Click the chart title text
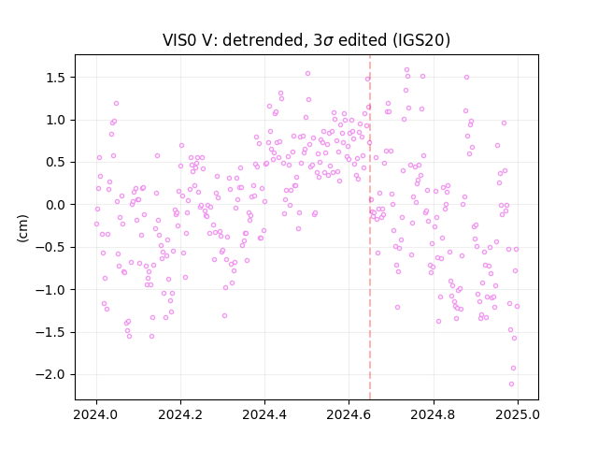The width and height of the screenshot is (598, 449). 306,40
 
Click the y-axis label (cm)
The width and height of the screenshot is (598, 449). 22,228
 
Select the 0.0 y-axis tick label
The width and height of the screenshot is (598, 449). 56,205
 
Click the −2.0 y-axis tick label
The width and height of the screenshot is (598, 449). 51,374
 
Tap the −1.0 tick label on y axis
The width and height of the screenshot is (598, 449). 51,290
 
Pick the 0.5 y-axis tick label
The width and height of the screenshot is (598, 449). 56,163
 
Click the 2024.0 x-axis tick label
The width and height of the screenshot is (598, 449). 95,414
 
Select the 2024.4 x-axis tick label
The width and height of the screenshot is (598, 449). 263,414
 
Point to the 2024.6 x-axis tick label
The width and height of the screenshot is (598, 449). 349,414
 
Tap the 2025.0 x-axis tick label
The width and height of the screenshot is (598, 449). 517,414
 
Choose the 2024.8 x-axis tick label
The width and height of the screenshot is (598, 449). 433,414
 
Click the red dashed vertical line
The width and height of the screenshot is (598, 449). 370,227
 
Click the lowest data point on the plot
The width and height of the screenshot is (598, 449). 511,384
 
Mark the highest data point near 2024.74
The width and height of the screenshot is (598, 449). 407,70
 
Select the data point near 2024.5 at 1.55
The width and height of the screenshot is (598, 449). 307,74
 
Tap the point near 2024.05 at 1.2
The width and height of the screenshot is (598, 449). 116,104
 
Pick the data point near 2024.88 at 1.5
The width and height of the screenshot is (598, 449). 466,77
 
